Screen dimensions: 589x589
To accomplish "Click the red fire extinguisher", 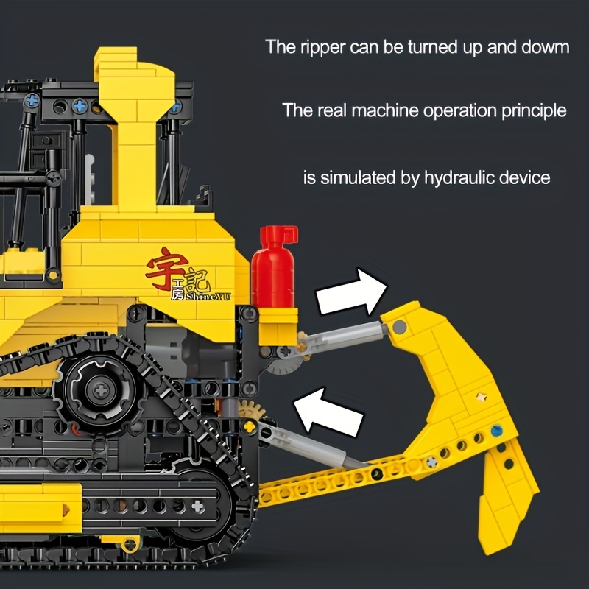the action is click(275, 267).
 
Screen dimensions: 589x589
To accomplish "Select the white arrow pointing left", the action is click(328, 412).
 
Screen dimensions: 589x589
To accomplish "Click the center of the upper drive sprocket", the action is click(101, 391).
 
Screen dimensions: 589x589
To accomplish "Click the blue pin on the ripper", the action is click(496, 431).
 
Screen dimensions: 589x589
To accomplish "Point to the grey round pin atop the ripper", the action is click(399, 327).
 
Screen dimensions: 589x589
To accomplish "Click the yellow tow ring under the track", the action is click(130, 544).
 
